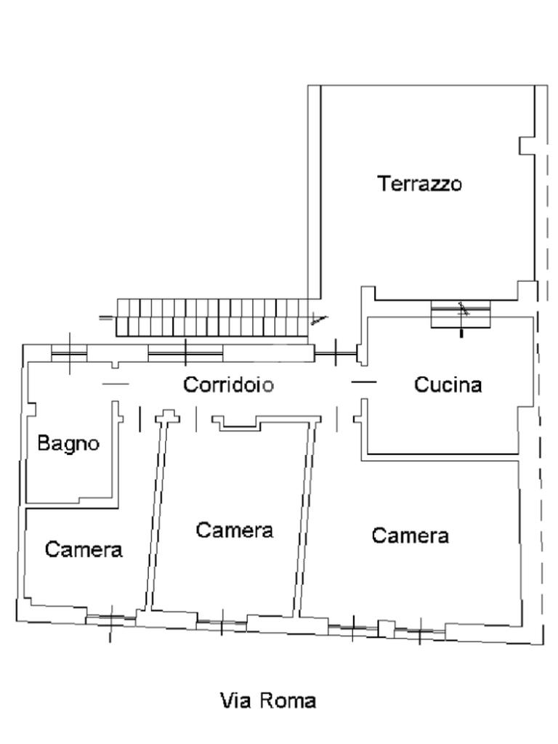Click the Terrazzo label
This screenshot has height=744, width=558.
click(x=419, y=183)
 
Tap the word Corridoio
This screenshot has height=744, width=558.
click(x=229, y=384)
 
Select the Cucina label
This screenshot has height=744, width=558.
click(x=448, y=384)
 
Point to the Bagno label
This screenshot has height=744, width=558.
click(x=68, y=444)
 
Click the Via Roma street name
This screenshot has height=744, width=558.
click(x=268, y=700)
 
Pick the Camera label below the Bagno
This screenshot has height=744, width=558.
click(x=84, y=549)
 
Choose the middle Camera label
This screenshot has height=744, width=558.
click(x=235, y=530)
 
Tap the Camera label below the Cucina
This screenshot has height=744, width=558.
click(x=410, y=535)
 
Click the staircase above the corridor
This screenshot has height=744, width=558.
click(x=213, y=318)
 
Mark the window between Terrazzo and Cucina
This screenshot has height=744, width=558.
click(x=460, y=314)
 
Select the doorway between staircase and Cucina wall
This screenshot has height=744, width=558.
click(x=336, y=353)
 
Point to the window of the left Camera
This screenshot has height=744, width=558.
click(x=110, y=618)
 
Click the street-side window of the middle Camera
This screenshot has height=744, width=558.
click(x=222, y=622)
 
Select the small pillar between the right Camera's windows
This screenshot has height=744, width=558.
click(x=387, y=628)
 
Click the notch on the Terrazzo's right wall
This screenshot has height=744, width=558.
click(x=526, y=145)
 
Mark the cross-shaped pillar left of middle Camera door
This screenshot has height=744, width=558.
click(x=168, y=416)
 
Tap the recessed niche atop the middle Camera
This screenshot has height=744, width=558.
click(x=241, y=424)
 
